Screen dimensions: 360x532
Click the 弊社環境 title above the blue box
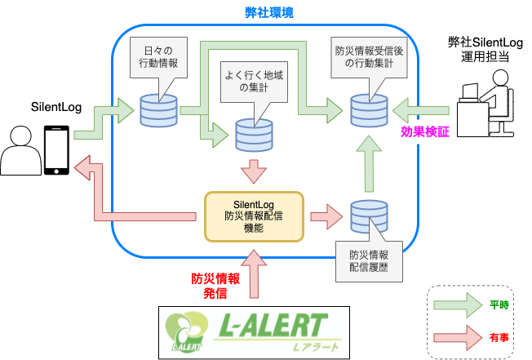(x=265, y=12)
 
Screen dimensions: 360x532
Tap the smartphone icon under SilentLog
(x=55, y=150)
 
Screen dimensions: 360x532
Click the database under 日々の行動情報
(x=158, y=111)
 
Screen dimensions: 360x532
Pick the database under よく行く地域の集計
(x=253, y=135)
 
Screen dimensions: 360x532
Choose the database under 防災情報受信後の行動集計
(x=368, y=110)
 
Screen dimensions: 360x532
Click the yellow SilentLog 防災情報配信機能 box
(x=253, y=216)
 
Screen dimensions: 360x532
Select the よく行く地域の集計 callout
(x=255, y=84)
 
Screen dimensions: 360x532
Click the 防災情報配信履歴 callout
(x=370, y=260)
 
